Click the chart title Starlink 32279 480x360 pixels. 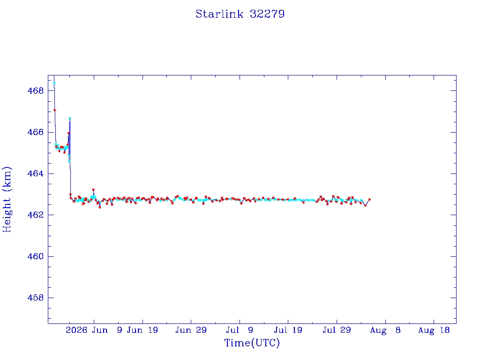(240, 14)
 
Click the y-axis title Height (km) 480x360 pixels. (7, 199)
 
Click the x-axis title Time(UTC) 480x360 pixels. (252, 343)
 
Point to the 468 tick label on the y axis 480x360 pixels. (36, 91)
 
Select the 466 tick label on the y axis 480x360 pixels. (36, 132)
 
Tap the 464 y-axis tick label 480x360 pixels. (36, 173)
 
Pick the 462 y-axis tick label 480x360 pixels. (36, 215)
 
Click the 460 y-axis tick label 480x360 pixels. (36, 256)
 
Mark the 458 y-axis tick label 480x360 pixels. (36, 298)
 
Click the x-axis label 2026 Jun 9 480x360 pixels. (94, 330)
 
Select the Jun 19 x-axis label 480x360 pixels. (142, 330)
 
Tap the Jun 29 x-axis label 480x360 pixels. (191, 330)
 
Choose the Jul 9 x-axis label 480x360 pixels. (240, 330)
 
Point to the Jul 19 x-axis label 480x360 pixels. (288, 330)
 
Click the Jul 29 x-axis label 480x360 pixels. (337, 330)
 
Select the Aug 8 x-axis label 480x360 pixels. (385, 330)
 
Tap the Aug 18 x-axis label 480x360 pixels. (434, 330)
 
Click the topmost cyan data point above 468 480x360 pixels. (54, 83)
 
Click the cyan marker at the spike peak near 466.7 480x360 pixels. (70, 118)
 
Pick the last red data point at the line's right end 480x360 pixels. (369, 200)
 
